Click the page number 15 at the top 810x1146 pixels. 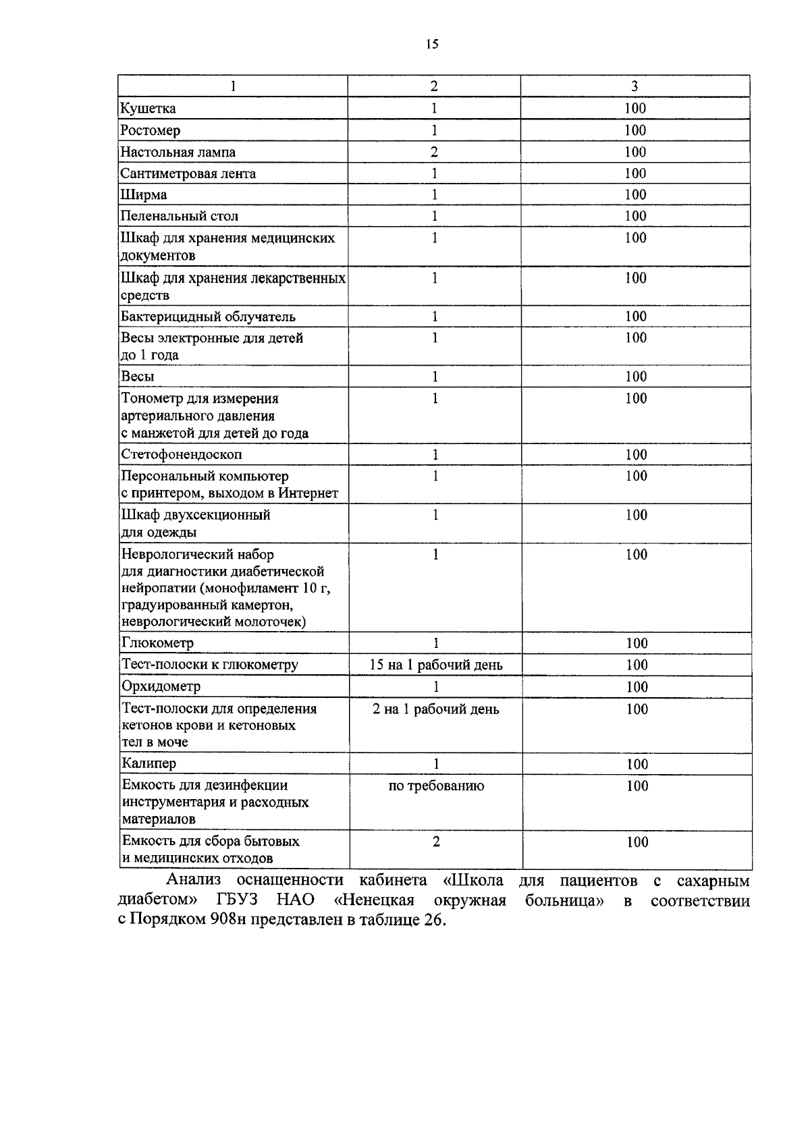tap(432, 45)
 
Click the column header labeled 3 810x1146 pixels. tap(634, 86)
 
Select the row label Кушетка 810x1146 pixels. tap(148, 108)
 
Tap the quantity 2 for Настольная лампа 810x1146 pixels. tap(434, 152)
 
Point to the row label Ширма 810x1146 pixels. tap(144, 195)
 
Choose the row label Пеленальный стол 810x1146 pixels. tap(179, 216)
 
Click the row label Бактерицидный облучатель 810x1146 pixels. tap(208, 317)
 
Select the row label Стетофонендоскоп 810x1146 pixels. tap(182, 454)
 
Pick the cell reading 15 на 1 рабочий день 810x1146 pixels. tap(436, 665)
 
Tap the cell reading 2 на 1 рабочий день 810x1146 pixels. tap(436, 709)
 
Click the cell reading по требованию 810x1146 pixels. tap(436, 786)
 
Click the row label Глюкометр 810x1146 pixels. tap(157, 643)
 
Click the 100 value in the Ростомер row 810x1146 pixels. tap(635, 130)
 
